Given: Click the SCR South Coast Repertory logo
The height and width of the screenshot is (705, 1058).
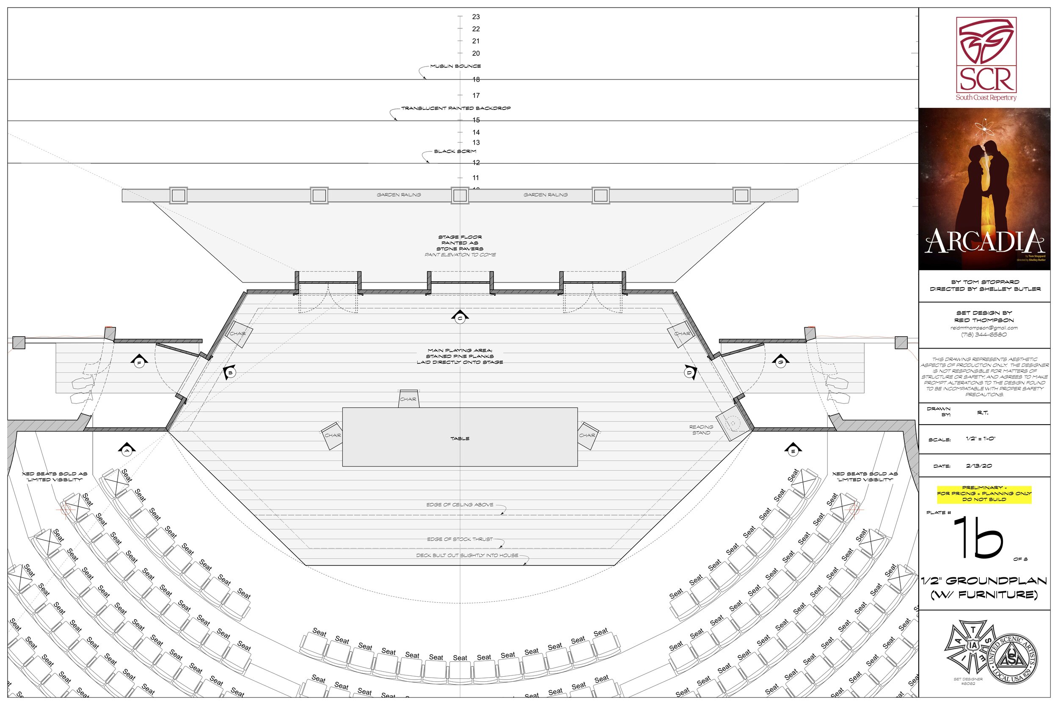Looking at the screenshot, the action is coord(986,58).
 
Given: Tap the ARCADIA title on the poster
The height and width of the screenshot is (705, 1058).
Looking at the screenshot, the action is coord(984,241).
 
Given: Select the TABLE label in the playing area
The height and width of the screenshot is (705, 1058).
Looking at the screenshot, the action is coord(460,439).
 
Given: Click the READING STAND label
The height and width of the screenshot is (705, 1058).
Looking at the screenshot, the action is coord(701,430).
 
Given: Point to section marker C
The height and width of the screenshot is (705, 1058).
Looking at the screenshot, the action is coord(460,318).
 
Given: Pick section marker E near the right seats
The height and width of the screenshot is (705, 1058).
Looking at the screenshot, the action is coord(793,450).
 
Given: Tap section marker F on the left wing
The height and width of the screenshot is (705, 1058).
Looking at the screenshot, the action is coord(139,362).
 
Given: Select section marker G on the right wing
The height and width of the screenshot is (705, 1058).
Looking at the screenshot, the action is coord(780,361).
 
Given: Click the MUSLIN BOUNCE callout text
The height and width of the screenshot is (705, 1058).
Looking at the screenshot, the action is coord(455,66).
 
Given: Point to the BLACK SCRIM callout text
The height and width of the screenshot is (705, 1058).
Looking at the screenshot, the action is coord(455,151).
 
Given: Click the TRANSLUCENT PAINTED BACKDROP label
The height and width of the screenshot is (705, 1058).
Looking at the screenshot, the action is coord(456,108).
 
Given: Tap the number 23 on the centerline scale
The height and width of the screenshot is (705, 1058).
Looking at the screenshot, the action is coord(476,17).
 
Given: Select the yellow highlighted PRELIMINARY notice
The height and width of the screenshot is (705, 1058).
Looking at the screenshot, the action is coord(984,493).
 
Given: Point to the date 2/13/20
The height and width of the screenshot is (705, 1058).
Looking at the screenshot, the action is coord(978,466).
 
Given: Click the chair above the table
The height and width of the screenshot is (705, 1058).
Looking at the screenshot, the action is coord(408,399).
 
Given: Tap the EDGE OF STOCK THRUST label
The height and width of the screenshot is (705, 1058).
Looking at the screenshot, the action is coord(460,539).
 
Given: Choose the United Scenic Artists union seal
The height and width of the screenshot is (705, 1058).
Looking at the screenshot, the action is coord(1013,658).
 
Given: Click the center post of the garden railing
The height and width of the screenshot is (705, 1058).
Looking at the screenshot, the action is coord(460,195).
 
